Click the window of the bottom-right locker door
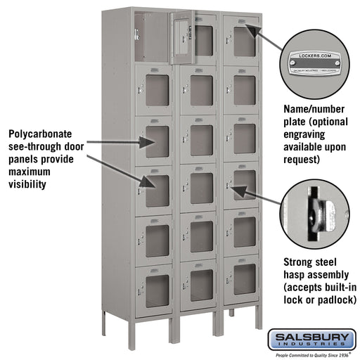(x=244, y=279)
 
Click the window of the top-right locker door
(x=244, y=42)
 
